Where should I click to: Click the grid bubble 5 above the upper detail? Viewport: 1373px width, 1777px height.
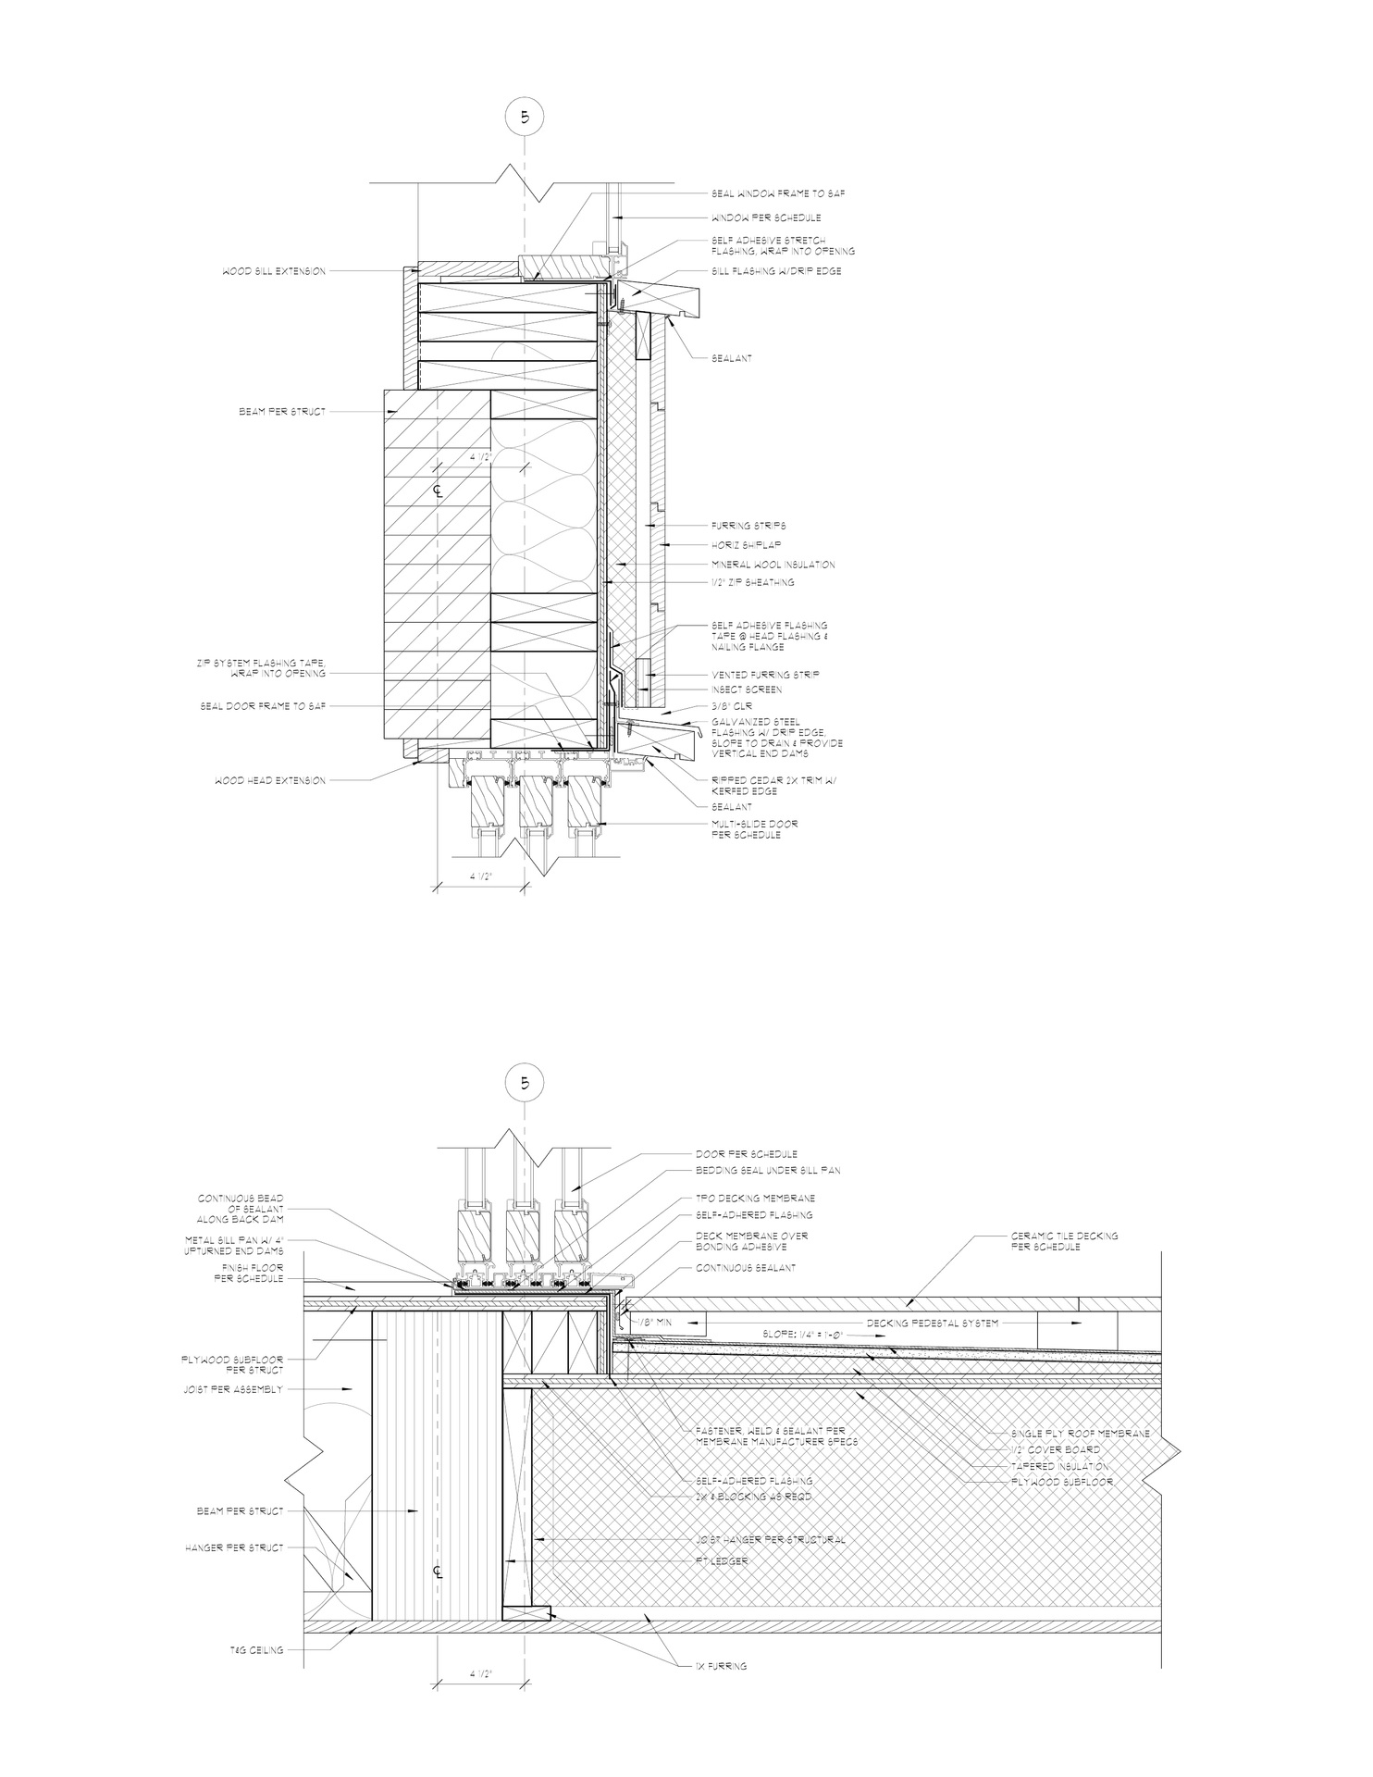525,118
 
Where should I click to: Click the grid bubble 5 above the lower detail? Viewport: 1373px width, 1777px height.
525,1084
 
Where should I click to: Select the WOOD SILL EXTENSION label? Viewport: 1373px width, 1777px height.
273,271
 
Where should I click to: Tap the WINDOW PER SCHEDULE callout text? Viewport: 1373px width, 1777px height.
765,217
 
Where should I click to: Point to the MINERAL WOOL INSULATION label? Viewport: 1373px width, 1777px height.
773,564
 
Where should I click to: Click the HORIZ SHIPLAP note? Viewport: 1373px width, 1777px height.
746,544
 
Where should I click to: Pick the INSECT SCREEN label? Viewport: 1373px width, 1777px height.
746,690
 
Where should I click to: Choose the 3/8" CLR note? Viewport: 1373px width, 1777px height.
732,706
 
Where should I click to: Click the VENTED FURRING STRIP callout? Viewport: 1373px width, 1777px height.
765,675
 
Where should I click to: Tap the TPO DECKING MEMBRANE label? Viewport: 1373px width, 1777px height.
755,1198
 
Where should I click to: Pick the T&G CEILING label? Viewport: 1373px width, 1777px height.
257,1649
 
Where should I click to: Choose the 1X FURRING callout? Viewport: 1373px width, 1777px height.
721,1666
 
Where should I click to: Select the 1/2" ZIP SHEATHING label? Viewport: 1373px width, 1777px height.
752,582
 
